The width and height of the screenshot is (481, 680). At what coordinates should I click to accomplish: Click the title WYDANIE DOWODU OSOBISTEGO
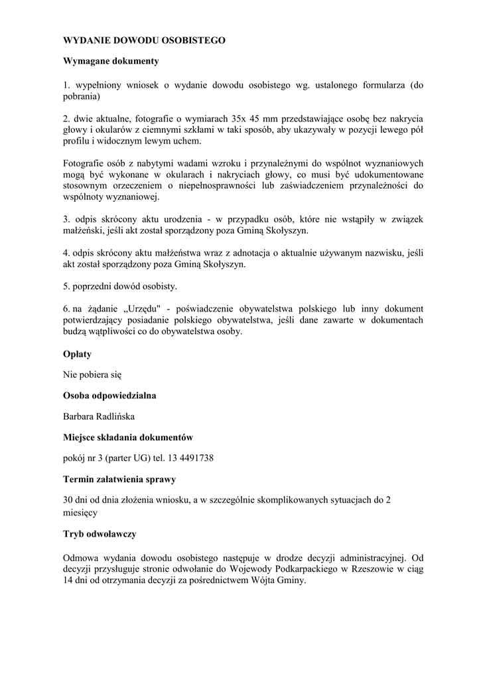pos(144,41)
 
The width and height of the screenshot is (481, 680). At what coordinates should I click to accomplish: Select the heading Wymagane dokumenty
pos(111,61)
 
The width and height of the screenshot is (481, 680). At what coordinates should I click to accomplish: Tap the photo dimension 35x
pos(234,118)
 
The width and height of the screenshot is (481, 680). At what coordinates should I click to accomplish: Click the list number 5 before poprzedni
pos(66,287)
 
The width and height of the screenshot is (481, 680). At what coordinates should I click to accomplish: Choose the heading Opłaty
pos(77,354)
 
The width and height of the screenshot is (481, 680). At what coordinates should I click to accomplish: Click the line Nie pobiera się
pos(92,375)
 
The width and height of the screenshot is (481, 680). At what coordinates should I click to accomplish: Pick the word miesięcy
pos(80,513)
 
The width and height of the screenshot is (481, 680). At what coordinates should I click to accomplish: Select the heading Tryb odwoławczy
pos(100,533)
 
